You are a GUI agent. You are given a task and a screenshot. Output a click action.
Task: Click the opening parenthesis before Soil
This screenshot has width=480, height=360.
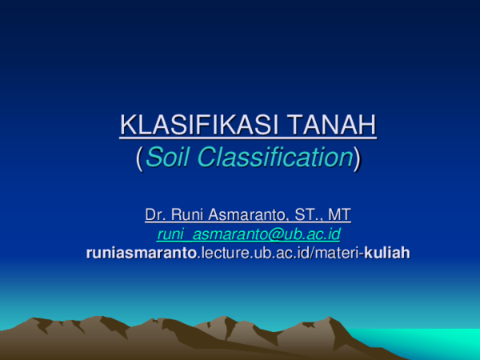coord(141,158)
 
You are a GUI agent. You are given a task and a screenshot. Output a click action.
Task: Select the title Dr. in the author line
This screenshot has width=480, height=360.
coord(155,214)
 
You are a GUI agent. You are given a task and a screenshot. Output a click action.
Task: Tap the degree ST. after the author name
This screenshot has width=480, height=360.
coord(307,214)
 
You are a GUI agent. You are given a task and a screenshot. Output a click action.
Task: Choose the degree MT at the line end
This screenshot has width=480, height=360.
coord(339,214)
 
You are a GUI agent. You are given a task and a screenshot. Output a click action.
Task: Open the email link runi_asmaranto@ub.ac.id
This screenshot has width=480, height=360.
coord(249,234)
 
